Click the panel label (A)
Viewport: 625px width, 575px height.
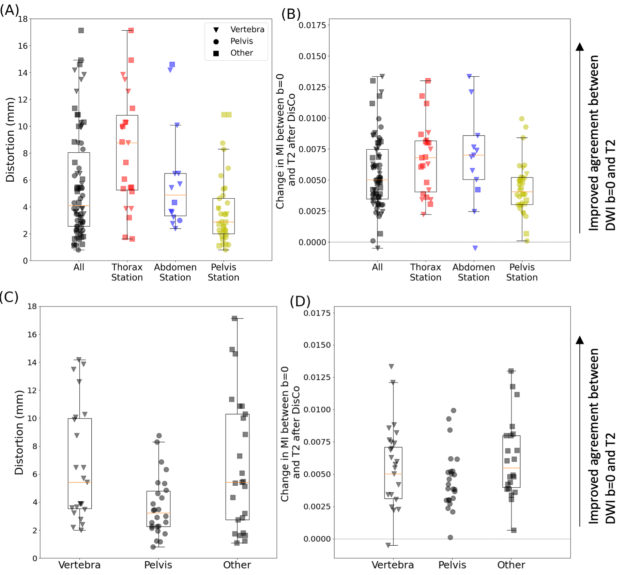(x=9, y=10)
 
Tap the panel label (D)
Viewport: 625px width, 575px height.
(x=300, y=301)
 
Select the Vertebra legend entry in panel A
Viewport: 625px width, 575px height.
(x=247, y=30)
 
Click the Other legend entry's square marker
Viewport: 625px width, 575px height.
(x=216, y=53)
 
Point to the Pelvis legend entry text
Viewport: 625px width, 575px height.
(x=242, y=41)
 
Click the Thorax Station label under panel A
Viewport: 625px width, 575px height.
(x=127, y=272)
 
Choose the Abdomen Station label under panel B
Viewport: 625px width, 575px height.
(x=474, y=272)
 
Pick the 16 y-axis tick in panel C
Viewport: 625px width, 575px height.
(x=32, y=335)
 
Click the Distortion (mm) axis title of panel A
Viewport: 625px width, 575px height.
(x=10, y=140)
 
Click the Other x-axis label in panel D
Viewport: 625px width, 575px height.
(x=511, y=565)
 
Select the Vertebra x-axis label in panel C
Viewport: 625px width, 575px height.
(x=79, y=565)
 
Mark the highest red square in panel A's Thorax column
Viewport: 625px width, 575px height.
(x=131, y=31)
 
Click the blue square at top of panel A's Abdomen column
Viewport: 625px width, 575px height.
(x=172, y=64)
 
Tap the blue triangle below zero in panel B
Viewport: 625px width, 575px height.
(x=475, y=248)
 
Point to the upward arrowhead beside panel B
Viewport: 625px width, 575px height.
(x=580, y=47)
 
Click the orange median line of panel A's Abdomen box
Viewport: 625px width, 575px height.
(x=176, y=195)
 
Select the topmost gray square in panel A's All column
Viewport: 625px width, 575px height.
(x=81, y=31)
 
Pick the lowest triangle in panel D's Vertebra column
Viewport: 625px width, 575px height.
(x=388, y=545)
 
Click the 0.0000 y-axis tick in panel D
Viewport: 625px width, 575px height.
(x=317, y=539)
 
